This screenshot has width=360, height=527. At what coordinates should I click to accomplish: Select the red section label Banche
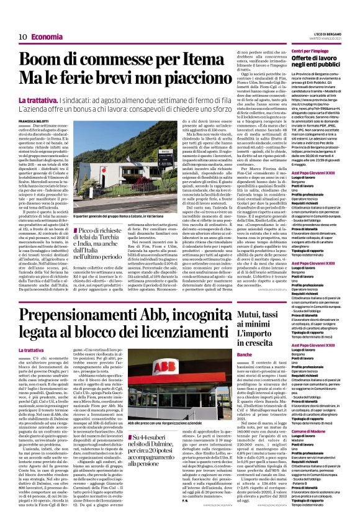pos(244,354)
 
